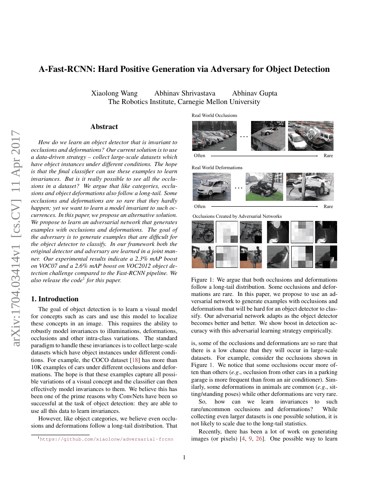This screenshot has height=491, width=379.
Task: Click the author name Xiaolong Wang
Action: click(x=114, y=93)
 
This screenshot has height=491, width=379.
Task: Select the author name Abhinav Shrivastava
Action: click(x=185, y=93)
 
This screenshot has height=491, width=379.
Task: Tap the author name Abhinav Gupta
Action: click(x=255, y=93)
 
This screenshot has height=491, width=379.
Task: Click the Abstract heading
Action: click(x=104, y=127)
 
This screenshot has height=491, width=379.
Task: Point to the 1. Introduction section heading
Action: click(x=56, y=299)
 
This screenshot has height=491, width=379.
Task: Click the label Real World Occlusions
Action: click(x=214, y=115)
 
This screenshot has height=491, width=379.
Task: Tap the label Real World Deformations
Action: click(x=217, y=167)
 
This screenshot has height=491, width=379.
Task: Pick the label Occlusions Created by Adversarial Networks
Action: click(x=237, y=216)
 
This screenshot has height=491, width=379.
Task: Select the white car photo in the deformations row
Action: click(x=212, y=187)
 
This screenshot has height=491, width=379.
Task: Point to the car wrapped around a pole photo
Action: click(x=310, y=187)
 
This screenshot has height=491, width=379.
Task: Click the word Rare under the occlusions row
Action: click(x=328, y=156)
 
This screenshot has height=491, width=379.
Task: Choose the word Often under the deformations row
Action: click(x=200, y=207)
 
